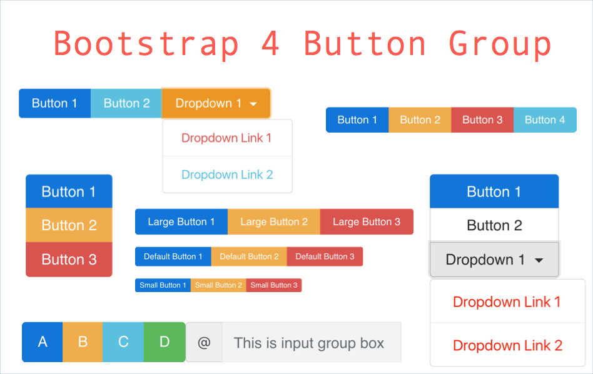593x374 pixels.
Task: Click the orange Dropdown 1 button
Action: [x=216, y=103]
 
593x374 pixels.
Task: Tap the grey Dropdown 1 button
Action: [x=494, y=260]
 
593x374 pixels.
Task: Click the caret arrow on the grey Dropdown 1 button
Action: [x=539, y=260]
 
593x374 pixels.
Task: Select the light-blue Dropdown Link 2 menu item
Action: [x=227, y=174]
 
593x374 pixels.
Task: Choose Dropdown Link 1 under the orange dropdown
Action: [x=227, y=138]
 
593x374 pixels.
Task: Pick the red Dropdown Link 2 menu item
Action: [x=507, y=345]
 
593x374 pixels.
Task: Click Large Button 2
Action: [x=274, y=221]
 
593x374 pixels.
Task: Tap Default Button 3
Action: [x=325, y=256]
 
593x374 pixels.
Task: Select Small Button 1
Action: [x=163, y=285]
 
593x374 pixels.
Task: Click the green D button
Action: [x=165, y=342]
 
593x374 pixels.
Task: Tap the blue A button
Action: [x=43, y=342]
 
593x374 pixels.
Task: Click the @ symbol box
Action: [x=204, y=342]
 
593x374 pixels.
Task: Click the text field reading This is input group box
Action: [x=312, y=342]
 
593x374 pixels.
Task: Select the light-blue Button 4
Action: [x=545, y=120]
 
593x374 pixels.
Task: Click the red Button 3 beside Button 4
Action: [x=482, y=120]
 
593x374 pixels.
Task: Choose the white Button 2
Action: [x=494, y=225]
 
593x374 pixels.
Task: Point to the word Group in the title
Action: [x=500, y=44]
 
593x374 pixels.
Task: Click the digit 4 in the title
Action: [x=270, y=43]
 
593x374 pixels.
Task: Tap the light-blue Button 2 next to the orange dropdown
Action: [x=126, y=103]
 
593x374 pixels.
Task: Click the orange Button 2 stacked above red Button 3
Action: [x=69, y=225]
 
